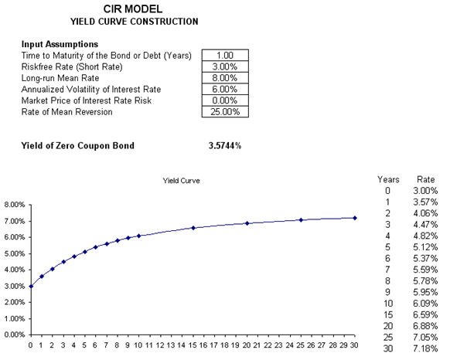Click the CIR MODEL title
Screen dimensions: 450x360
133,9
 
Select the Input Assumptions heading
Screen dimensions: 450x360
60,44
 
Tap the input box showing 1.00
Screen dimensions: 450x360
225,55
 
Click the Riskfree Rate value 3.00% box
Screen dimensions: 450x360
225,66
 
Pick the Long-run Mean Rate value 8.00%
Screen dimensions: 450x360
225,78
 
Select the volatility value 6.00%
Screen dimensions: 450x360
225,89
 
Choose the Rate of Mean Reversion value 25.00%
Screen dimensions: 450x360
225,111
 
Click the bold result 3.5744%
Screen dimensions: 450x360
225,146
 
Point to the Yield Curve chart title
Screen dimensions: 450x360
182,181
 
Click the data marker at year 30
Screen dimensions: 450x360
355,218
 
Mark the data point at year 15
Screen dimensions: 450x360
193,228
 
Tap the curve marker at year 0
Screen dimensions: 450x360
31,287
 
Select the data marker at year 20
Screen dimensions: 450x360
247,223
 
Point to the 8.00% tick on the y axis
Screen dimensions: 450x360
15,205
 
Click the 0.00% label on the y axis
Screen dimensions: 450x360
15,335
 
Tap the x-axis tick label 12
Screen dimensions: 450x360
159,345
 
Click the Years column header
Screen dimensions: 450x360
388,179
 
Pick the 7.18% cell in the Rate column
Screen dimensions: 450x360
425,349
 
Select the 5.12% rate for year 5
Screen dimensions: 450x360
425,247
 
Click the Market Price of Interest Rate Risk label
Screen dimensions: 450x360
87,100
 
